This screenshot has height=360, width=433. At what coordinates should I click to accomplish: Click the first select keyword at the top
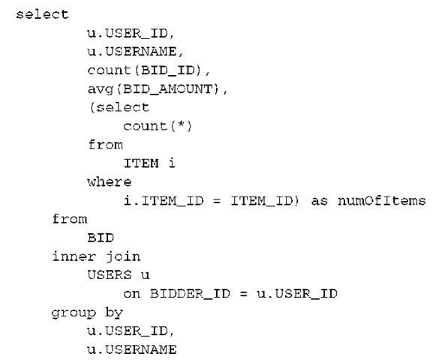click(42, 14)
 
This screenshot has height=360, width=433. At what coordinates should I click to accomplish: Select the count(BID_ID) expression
click(144, 70)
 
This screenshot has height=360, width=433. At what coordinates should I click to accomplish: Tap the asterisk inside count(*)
click(181, 124)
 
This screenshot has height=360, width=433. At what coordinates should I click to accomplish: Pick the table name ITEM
click(141, 163)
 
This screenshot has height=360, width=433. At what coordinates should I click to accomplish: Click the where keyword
click(110, 182)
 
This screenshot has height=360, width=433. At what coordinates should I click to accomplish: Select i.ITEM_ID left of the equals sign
click(164, 201)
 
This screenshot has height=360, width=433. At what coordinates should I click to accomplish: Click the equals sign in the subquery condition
click(217, 201)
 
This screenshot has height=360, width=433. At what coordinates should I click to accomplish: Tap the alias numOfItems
click(382, 201)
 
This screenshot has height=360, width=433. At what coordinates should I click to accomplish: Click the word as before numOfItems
click(320, 201)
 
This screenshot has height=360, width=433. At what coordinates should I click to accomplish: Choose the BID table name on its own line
click(101, 238)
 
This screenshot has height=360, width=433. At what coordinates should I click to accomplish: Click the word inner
click(74, 256)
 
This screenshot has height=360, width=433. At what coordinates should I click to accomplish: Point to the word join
click(123, 257)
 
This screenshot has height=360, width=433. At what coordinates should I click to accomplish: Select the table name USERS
click(110, 275)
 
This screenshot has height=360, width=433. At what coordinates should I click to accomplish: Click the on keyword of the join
click(132, 294)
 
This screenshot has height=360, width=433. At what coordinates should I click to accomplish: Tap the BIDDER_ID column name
click(190, 294)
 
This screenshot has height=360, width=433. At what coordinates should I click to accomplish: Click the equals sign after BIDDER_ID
click(243, 294)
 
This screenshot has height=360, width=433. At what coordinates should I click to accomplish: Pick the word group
click(74, 313)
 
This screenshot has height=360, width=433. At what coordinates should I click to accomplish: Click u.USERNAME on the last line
click(132, 349)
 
